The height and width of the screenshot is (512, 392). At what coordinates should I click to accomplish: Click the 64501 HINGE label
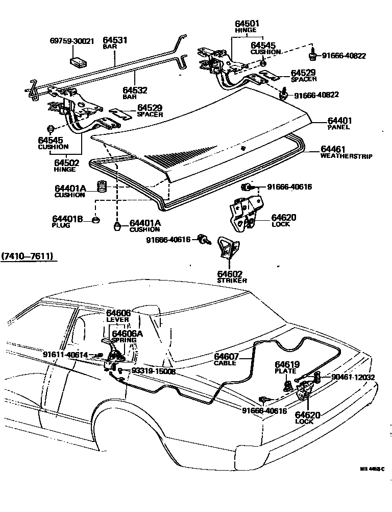click(247, 26)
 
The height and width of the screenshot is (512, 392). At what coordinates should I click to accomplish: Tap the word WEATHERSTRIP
click(346, 156)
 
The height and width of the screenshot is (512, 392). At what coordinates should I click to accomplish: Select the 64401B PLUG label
click(67, 221)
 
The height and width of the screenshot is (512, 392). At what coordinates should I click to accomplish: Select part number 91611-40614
click(65, 354)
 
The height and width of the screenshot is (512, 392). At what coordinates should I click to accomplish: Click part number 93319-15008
click(153, 372)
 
